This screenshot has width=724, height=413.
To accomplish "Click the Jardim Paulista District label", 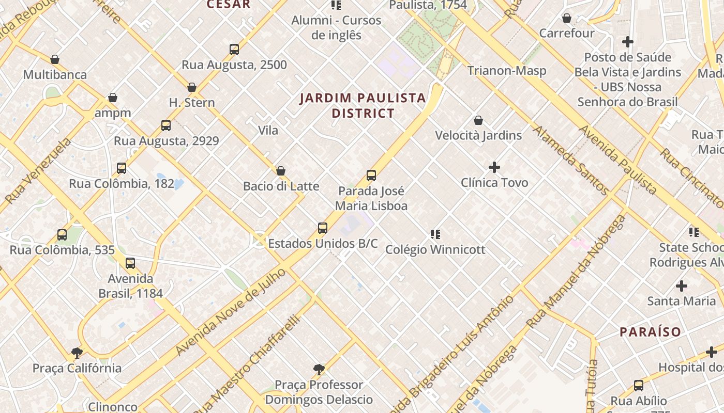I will pos(363,105).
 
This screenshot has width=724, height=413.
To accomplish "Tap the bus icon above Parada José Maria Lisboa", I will pos(371,176).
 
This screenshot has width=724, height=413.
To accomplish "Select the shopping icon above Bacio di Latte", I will pos(281,171).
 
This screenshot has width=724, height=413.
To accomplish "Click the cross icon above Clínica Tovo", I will pos(494,167).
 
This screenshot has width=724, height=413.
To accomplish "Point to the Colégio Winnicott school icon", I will pos(435,234).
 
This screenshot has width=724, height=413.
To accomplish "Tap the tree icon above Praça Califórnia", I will pos(77,353).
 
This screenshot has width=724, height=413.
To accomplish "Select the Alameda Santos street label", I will pos(571,161).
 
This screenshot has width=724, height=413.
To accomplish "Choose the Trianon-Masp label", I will pos(506,71).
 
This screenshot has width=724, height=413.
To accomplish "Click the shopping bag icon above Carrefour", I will pos(567,18).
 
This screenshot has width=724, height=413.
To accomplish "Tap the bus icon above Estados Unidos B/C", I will pos(323,228).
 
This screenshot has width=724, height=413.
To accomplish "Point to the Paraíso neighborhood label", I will pos(650,331).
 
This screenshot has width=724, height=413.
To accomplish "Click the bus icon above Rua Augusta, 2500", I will pos(234,50).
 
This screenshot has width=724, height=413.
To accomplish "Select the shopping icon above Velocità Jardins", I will pos(478,120).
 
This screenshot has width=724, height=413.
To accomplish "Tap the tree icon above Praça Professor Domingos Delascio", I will pos(319,370).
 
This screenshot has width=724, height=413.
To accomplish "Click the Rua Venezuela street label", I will pos(38,171).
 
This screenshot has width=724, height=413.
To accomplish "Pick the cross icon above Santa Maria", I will pos(682,285).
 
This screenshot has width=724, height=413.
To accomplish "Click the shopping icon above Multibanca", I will pos(55,59).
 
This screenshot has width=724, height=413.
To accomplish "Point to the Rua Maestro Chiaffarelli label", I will pos(247,364).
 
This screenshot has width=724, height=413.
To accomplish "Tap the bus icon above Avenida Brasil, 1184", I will pos(130,263).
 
